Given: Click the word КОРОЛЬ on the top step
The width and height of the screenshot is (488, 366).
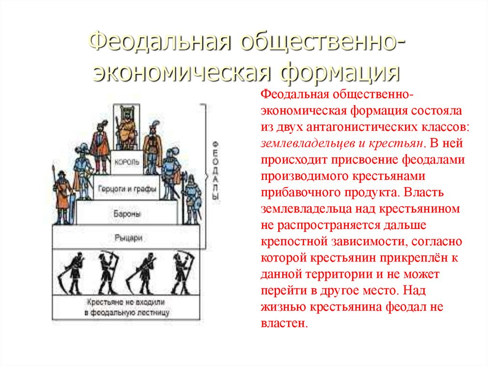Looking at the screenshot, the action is (127, 162).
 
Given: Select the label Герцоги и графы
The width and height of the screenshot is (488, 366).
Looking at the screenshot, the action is (127, 188).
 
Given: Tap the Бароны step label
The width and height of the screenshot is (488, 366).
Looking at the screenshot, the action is (127, 214).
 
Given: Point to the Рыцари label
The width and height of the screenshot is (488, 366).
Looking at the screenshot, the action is (128, 238).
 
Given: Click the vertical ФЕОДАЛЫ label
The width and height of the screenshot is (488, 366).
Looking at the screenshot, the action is (215, 170).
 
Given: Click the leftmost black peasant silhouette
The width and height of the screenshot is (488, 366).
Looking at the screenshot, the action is (72, 273).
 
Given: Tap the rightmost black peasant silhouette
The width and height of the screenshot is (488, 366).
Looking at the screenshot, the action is (183, 273).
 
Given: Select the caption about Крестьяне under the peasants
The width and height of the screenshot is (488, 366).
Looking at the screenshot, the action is (126, 307).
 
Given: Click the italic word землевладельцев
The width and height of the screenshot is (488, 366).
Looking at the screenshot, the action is (308, 143).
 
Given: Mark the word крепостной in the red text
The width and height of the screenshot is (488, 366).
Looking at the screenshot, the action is (294, 241).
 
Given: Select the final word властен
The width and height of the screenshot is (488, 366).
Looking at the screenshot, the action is (284, 323).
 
